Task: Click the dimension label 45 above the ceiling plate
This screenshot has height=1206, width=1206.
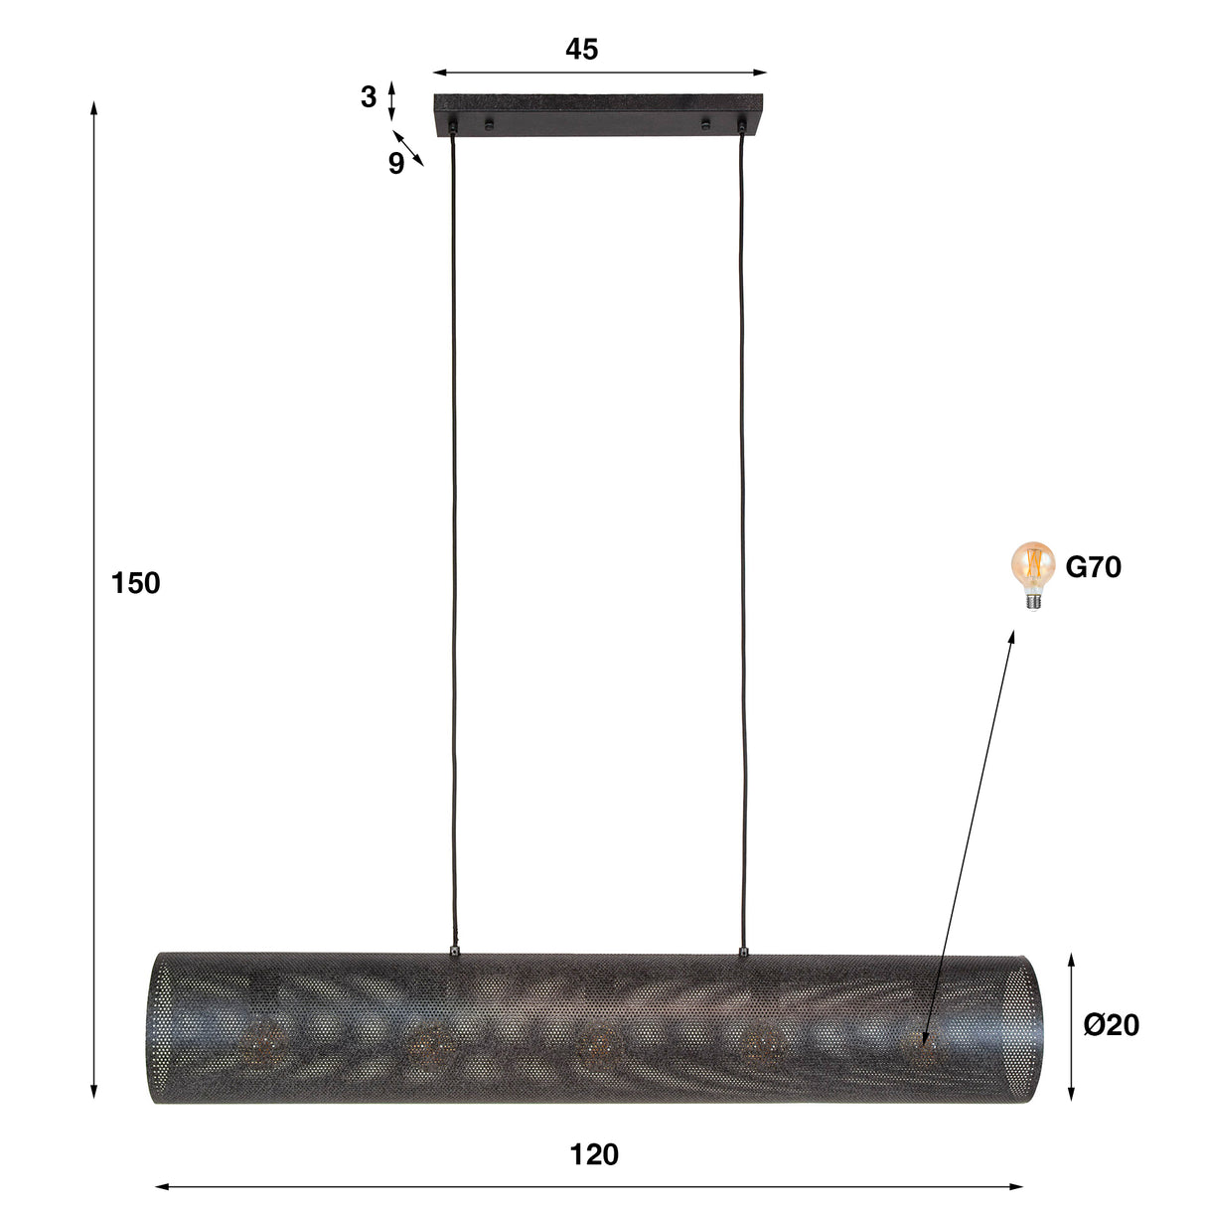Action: point(581,49)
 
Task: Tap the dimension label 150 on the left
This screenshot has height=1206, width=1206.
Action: point(135,583)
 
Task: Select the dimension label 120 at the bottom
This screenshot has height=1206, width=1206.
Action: point(594,1154)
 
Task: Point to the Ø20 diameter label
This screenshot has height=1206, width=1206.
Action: point(1111,1024)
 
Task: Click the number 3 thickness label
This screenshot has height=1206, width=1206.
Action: point(369,97)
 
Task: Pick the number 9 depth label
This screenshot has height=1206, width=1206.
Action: point(395,164)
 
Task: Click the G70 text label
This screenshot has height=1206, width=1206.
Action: point(1093,567)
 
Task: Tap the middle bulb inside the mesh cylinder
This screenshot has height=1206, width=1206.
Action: point(598,1042)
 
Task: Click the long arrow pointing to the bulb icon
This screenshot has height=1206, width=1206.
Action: point(970,834)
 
